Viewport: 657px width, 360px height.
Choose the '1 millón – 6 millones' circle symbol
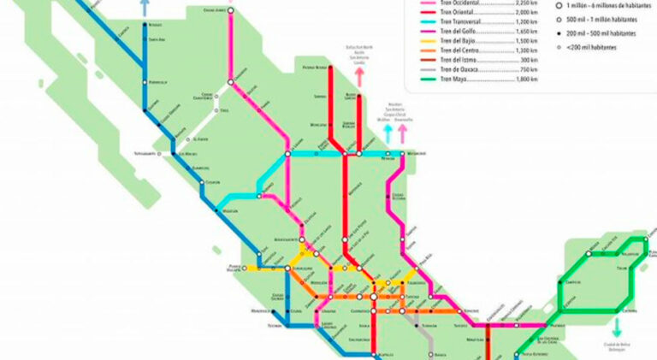pyautogui.click(x=559, y=4)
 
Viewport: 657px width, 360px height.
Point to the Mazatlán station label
pyautogui.click(x=230, y=210)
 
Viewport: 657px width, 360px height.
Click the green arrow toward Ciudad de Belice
pyautogui.click(x=616, y=327)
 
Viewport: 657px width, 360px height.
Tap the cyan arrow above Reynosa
pyautogui.click(x=388, y=133)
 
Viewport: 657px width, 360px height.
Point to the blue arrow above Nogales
pyautogui.click(x=144, y=7)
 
